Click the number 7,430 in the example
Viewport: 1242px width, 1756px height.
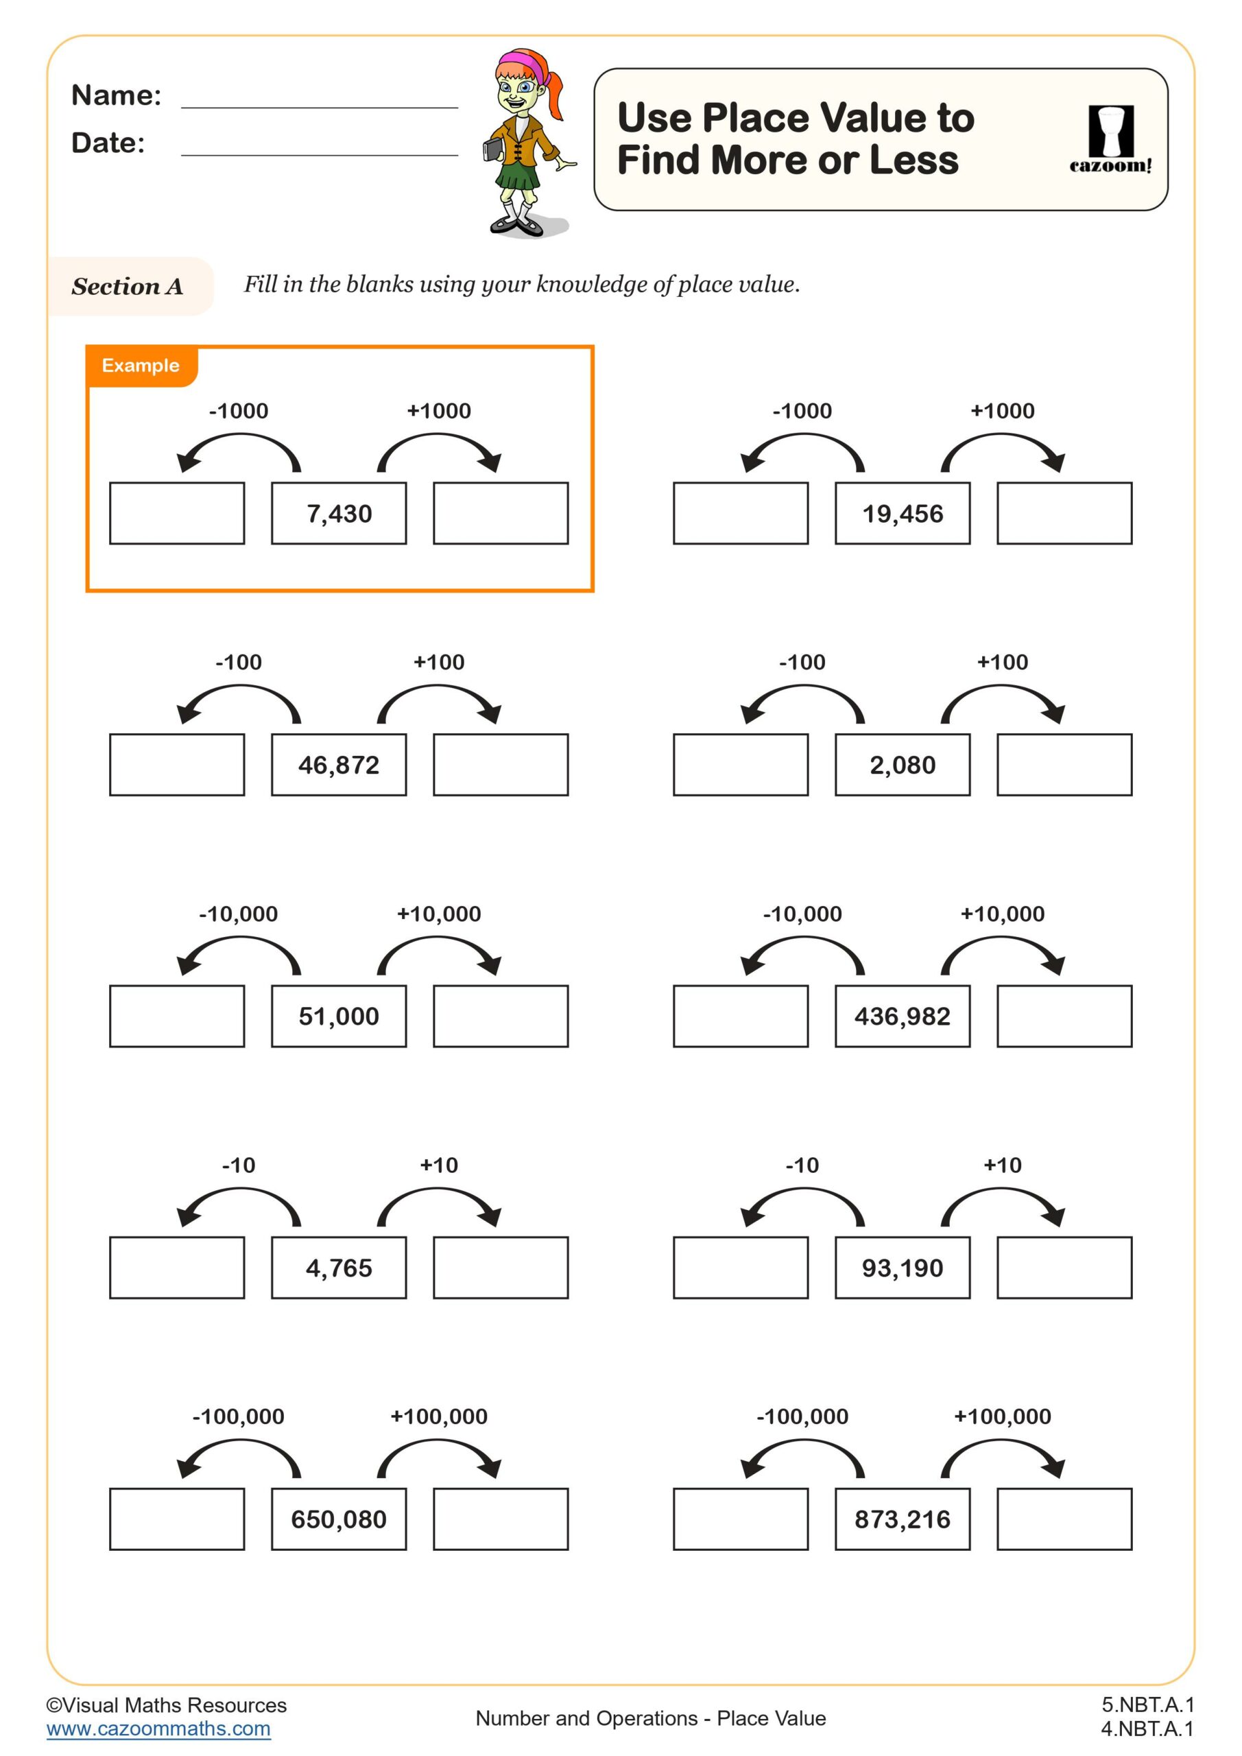pyautogui.click(x=339, y=514)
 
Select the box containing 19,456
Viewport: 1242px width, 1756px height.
pyautogui.click(x=903, y=514)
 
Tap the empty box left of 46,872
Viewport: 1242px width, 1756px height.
pyautogui.click(x=177, y=765)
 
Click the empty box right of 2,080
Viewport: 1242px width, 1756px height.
pyautogui.click(x=1064, y=765)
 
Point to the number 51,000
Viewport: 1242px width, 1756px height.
pyautogui.click(x=339, y=1017)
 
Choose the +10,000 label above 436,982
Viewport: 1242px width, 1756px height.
pyautogui.click(x=1002, y=914)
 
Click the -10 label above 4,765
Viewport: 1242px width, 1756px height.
pyautogui.click(x=239, y=1165)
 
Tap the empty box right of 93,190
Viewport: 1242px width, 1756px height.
pyautogui.click(x=1064, y=1268)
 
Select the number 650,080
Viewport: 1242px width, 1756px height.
pyautogui.click(x=339, y=1519)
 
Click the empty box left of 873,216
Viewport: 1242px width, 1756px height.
pyautogui.click(x=740, y=1519)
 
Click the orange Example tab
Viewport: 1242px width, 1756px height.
pyautogui.click(x=141, y=366)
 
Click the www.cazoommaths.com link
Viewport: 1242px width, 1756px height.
pyautogui.click(x=158, y=1729)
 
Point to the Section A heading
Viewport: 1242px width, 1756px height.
pyautogui.click(x=128, y=287)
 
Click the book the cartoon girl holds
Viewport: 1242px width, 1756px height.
pyautogui.click(x=492, y=147)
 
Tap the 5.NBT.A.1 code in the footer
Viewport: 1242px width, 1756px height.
pyautogui.click(x=1147, y=1705)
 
